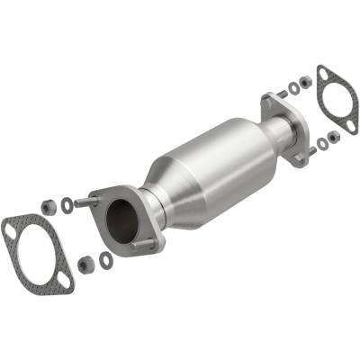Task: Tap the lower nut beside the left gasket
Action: pos(86,265)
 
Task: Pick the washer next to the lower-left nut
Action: pos(105,260)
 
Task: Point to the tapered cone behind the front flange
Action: pos(167,193)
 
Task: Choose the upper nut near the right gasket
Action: pos(305,82)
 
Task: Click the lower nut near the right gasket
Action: pos(334,137)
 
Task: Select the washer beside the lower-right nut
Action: pos(321,142)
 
